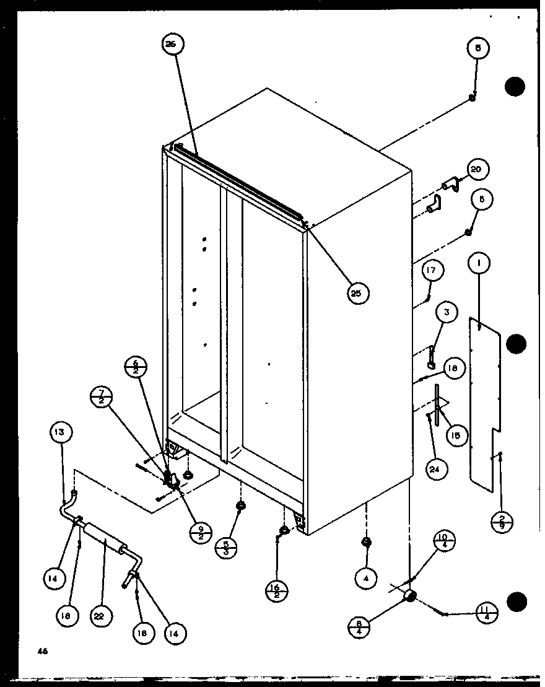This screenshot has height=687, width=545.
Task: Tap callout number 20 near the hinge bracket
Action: (x=477, y=169)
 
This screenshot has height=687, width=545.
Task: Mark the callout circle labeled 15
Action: (x=455, y=435)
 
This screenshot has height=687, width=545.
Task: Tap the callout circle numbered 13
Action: (x=61, y=432)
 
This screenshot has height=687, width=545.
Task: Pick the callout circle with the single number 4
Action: (x=366, y=578)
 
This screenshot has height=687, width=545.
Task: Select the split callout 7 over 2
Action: (x=102, y=396)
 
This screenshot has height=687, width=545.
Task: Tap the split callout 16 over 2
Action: (x=276, y=592)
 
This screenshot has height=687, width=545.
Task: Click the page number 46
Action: (x=41, y=651)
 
